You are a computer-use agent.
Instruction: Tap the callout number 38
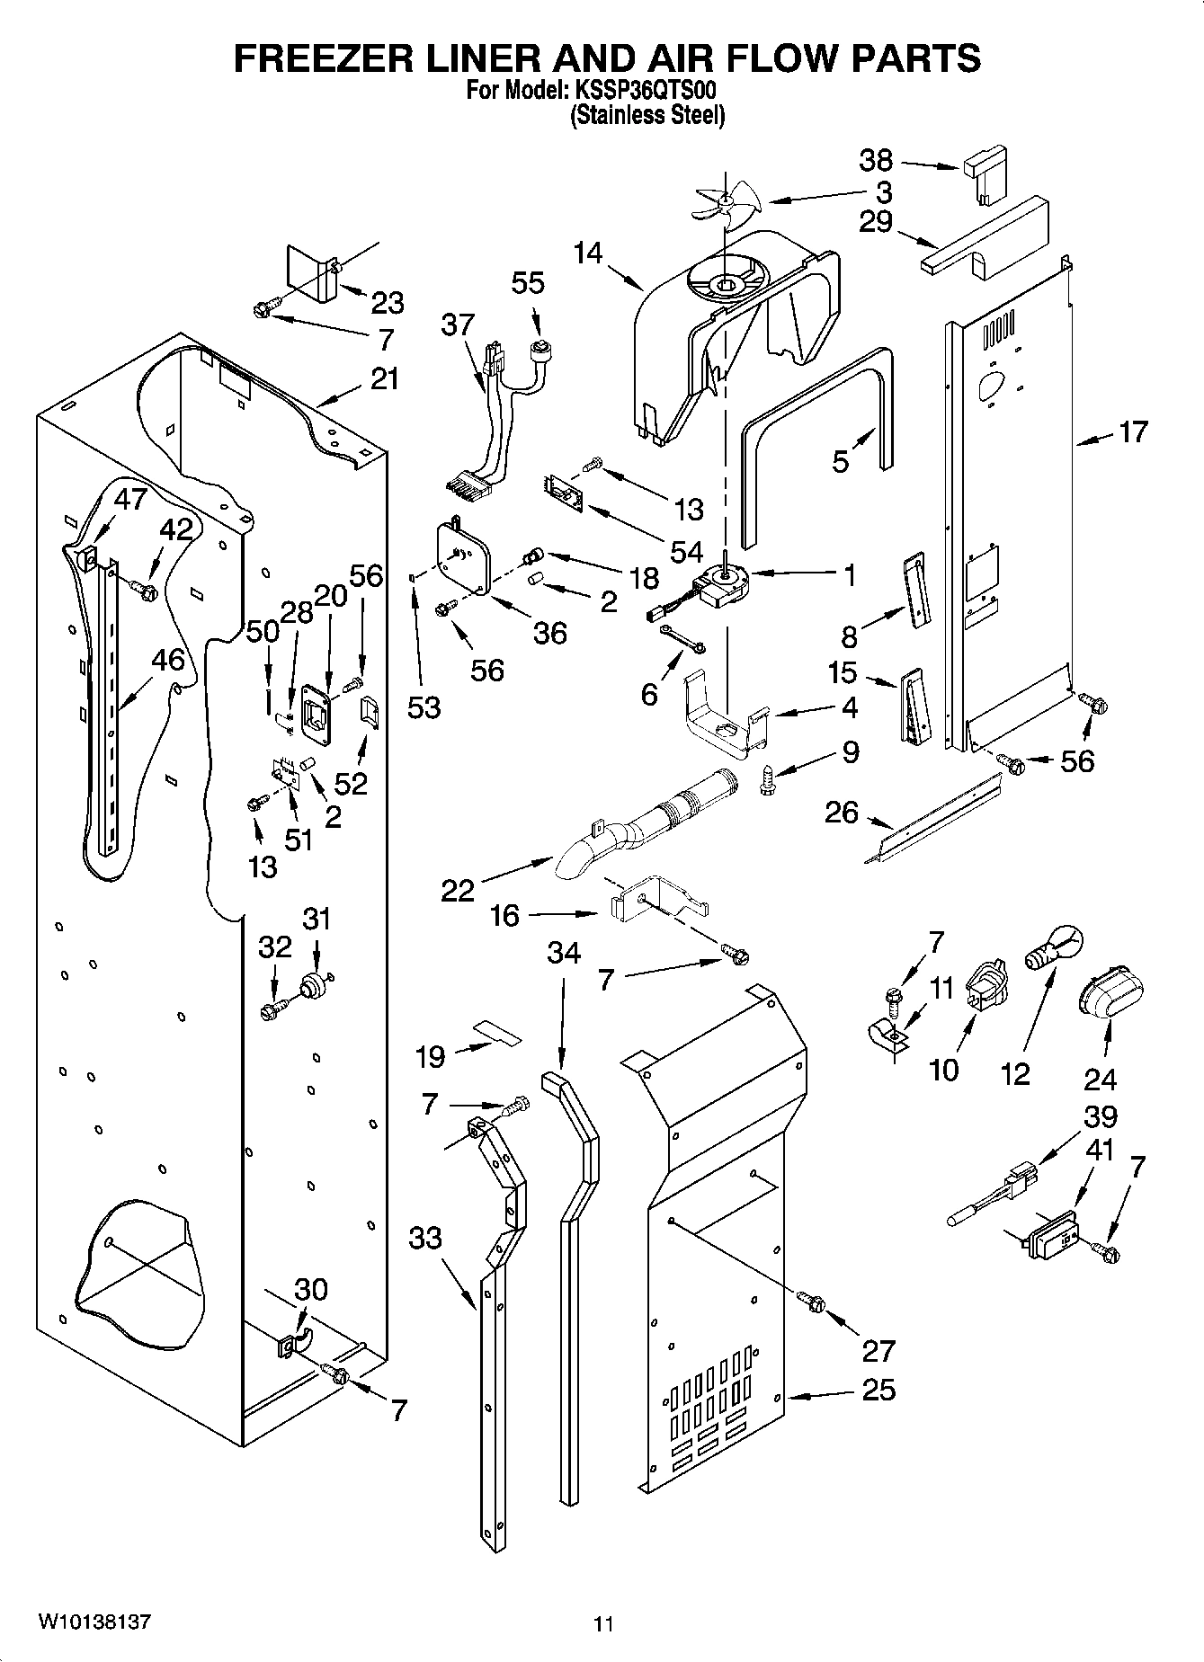(876, 161)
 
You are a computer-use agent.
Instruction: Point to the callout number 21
(385, 378)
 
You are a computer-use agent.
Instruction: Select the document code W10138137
(94, 1622)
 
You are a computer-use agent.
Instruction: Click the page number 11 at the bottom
(603, 1624)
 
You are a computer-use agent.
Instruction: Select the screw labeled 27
(811, 1301)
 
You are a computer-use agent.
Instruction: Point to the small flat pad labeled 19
(497, 1031)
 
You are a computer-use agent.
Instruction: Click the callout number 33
(425, 1238)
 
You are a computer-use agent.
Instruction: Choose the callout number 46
(168, 660)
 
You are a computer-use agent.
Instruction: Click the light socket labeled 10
(987, 985)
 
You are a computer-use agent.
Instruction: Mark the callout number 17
(1133, 432)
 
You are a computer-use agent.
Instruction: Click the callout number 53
(424, 707)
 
